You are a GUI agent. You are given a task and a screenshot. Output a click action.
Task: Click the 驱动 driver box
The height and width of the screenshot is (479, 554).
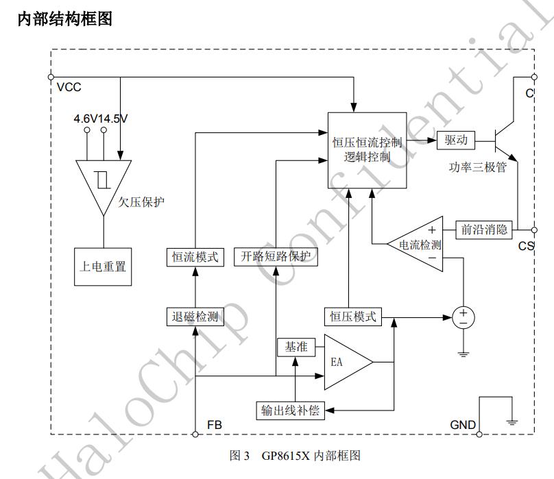455,140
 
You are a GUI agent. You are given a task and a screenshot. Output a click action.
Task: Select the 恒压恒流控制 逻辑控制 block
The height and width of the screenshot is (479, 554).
368,150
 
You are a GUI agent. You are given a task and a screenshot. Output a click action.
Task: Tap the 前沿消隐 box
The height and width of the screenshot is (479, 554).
484,230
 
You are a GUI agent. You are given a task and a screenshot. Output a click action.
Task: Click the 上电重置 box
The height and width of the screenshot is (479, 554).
103,266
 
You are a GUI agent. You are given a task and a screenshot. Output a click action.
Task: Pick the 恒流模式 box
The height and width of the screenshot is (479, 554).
195,257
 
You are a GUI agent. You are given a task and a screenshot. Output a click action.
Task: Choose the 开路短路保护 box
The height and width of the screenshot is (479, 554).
276,257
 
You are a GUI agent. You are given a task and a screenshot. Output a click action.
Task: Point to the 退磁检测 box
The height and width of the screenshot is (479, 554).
195,316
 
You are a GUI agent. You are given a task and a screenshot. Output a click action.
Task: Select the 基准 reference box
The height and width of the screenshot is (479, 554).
295,347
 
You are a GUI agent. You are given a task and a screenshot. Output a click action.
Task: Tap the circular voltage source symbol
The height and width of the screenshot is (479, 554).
463,317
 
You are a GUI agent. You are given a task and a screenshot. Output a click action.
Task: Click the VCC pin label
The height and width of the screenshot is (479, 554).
69,87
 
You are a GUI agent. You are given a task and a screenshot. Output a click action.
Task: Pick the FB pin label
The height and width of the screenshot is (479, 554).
214,425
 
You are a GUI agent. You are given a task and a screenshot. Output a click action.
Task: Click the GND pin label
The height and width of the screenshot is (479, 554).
463,425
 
